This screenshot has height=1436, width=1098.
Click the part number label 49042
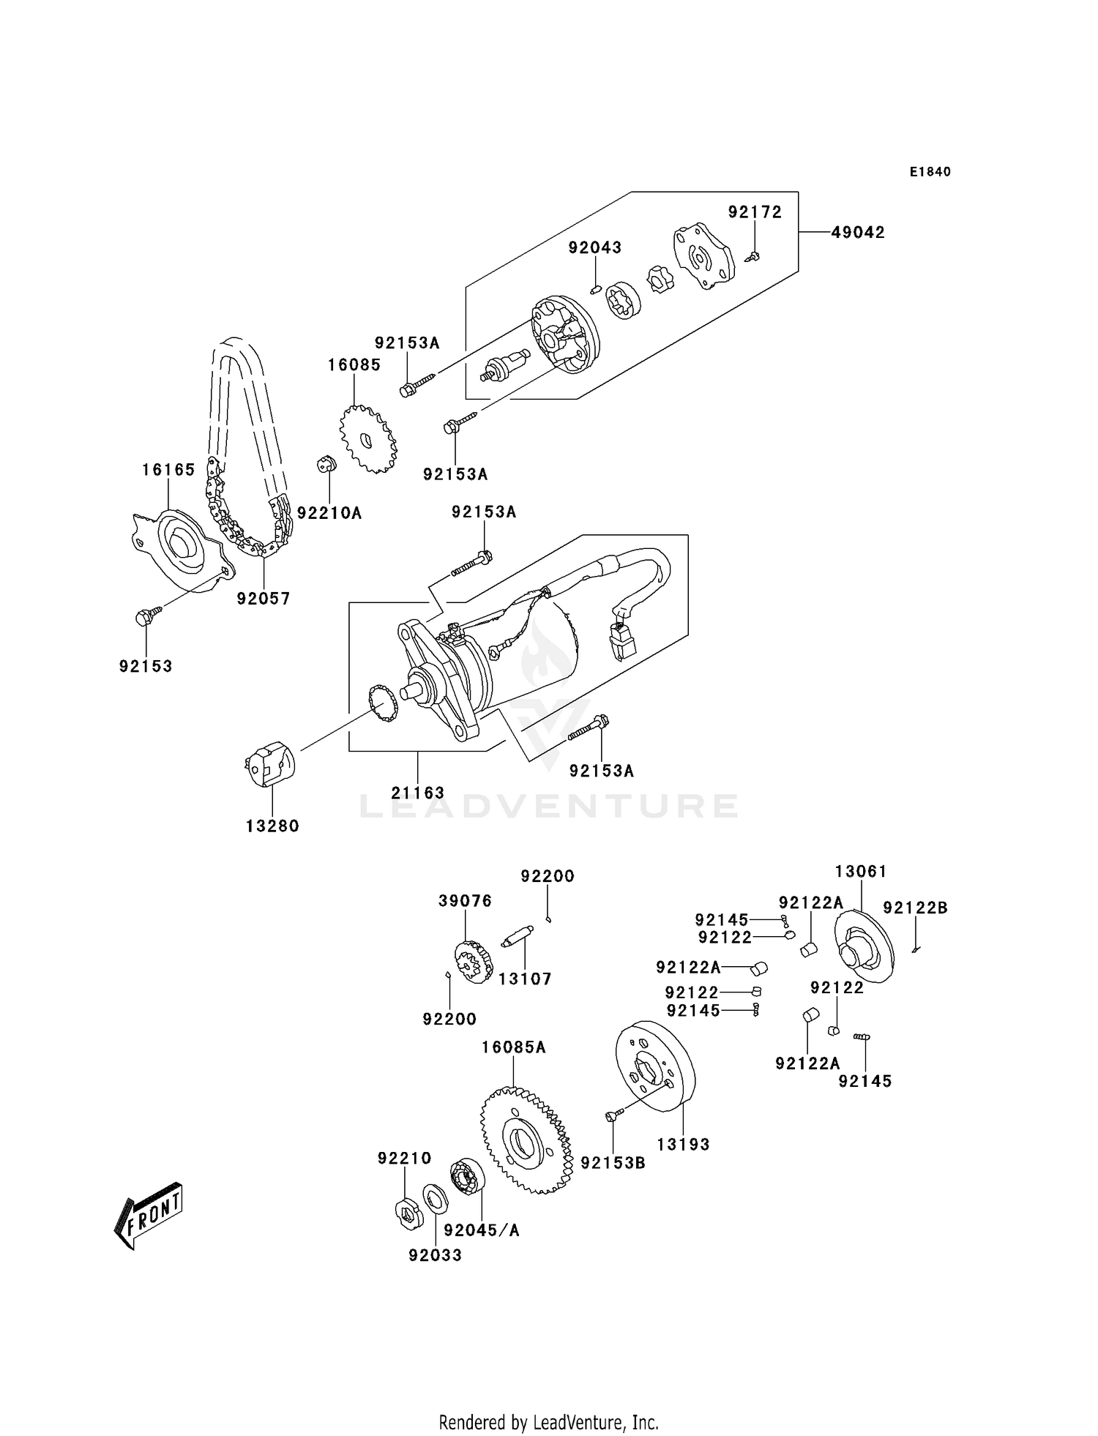pyautogui.click(x=858, y=233)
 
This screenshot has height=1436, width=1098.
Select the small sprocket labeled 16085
pyautogui.click(x=368, y=440)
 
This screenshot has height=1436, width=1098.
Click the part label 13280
pyautogui.click(x=272, y=826)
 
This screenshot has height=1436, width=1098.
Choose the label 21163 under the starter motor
pyautogui.click(x=417, y=793)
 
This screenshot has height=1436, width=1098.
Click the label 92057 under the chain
pyautogui.click(x=264, y=599)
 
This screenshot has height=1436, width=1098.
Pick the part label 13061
pyautogui.click(x=860, y=872)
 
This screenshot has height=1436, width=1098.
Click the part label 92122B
pyautogui.click(x=915, y=908)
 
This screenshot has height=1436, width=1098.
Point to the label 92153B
pyautogui.click(x=613, y=1162)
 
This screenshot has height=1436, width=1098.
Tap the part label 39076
pyautogui.click(x=465, y=901)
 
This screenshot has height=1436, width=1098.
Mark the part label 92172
pyautogui.click(x=755, y=212)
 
